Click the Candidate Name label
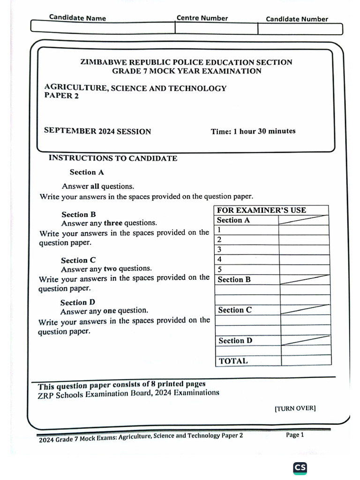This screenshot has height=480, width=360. [77, 18]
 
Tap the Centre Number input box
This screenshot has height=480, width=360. [216, 28]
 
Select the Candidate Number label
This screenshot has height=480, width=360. [297, 19]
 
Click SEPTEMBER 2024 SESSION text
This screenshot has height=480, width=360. [97, 131]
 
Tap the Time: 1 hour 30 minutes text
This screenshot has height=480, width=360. [253, 131]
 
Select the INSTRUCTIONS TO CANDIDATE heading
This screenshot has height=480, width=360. [113, 158]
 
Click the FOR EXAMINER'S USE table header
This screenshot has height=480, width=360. [261, 210]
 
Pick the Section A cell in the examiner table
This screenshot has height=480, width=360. [233, 220]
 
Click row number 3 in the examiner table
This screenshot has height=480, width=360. [219, 249]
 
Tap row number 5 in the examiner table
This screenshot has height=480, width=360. [219, 270]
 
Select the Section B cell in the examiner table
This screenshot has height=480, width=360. [234, 280]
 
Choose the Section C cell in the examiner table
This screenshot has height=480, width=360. [234, 310]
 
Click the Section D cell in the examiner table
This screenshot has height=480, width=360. [235, 341]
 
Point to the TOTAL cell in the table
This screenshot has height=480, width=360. [233, 361]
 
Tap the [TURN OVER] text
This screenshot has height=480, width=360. [295, 408]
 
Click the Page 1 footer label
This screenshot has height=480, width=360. [295, 435]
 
